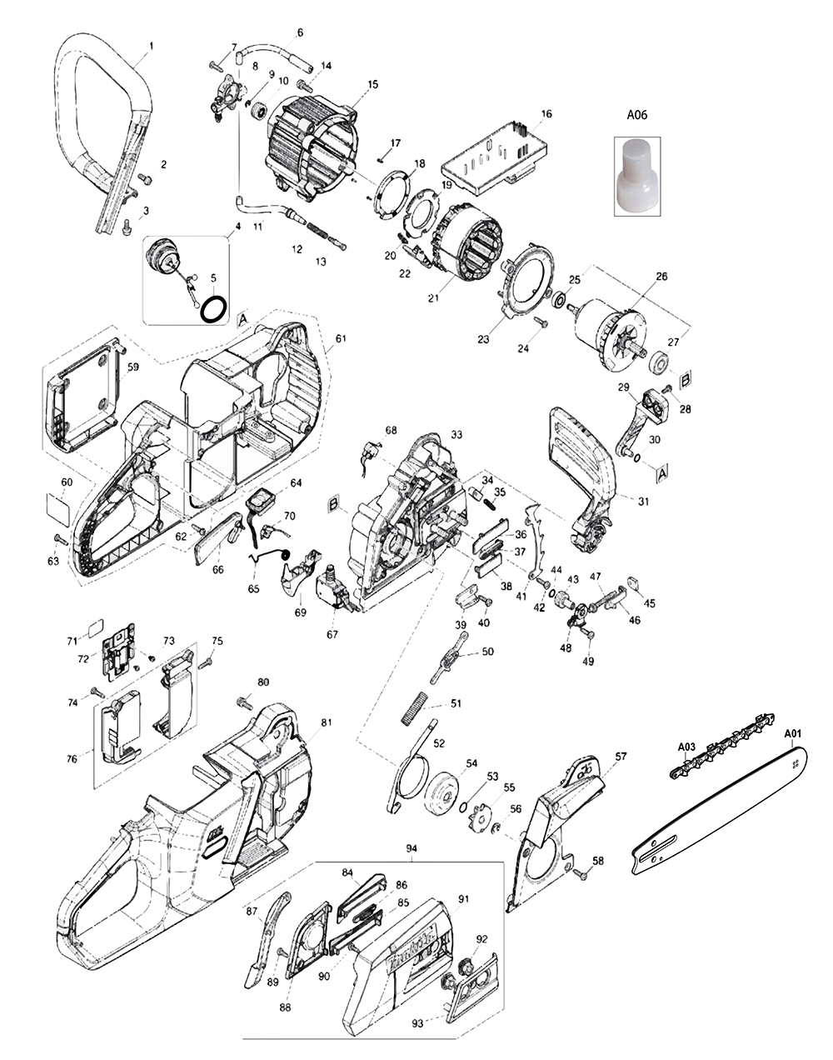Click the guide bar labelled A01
[x=716, y=812]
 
